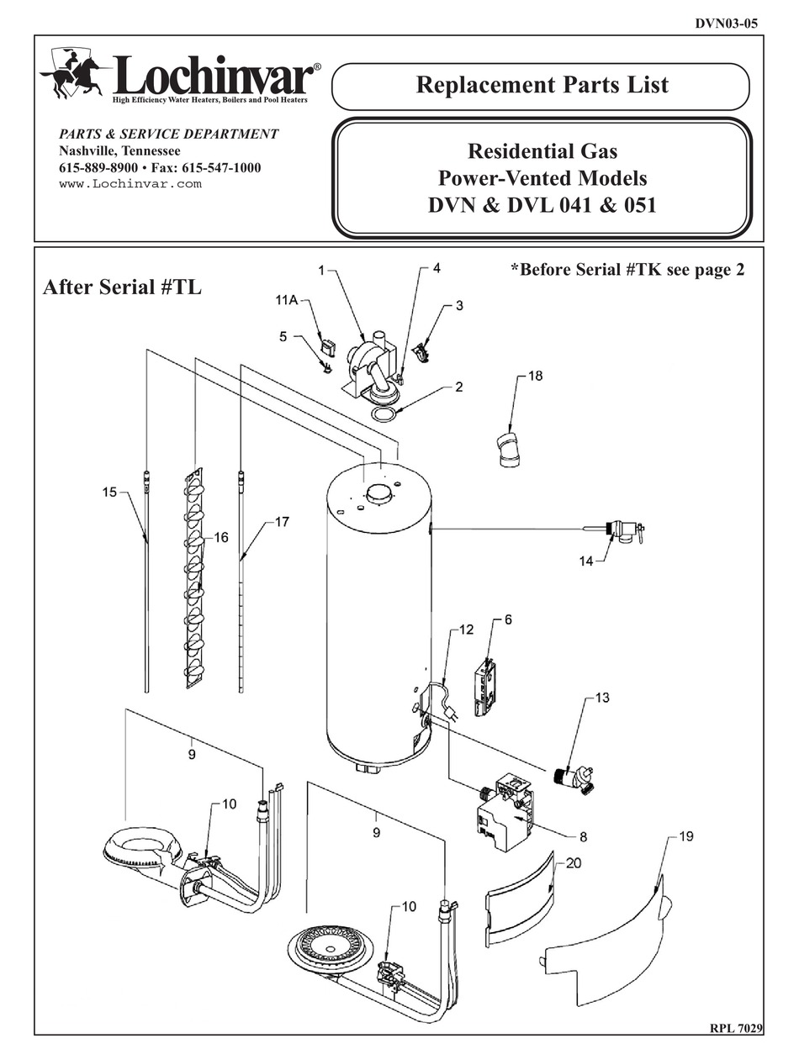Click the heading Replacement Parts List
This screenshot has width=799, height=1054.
point(542,85)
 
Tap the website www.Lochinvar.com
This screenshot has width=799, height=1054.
point(130,184)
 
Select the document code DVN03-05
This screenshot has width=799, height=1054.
point(726,24)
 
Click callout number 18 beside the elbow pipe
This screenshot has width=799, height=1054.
point(535,376)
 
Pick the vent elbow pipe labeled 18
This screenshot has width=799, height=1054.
point(507,449)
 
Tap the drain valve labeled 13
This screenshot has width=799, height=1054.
point(575,775)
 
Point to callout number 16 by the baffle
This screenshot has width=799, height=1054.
point(221,539)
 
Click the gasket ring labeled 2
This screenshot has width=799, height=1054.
point(384,416)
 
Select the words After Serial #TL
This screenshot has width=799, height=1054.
point(122,287)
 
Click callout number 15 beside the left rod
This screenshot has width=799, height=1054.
point(110,493)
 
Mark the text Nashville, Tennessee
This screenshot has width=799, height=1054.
point(119,150)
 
